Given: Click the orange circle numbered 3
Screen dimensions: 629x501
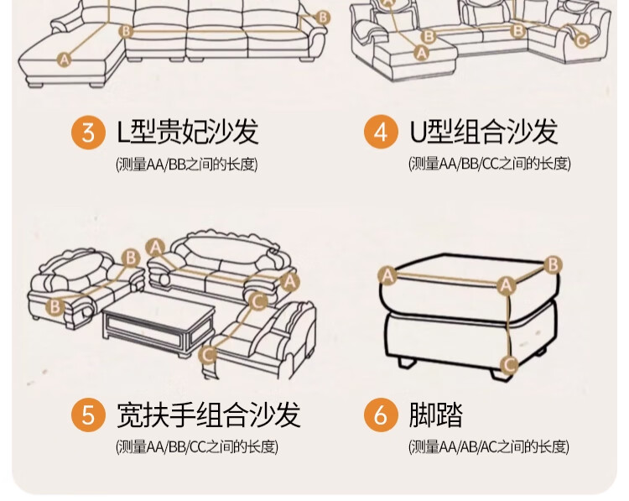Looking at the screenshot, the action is tap(89, 132).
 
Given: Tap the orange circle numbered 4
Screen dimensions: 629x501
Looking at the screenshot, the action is tap(381, 132).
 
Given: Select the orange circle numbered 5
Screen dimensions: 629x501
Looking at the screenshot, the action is tap(89, 415).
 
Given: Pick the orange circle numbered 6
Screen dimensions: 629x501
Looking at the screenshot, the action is tap(381, 415).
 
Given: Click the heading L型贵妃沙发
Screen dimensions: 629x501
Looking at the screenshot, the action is tap(188, 132).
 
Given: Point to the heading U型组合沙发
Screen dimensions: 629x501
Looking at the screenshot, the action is tap(483, 132).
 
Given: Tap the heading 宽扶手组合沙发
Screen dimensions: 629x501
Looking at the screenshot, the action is tap(209, 415).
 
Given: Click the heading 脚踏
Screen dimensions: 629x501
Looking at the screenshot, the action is tap(436, 415).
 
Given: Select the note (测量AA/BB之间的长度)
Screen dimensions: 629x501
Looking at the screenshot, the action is tap(186, 164).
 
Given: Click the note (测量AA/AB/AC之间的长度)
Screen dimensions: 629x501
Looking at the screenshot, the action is tap(489, 446).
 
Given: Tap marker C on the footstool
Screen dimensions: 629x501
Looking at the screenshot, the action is tap(509, 365).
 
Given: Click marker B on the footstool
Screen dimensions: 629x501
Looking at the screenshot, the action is tap(554, 265).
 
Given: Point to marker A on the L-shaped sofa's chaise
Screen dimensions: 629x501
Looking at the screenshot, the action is tap(64, 60).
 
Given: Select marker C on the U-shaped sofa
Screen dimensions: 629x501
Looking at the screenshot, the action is tap(581, 40).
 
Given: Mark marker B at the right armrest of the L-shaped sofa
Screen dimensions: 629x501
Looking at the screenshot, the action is tap(323, 18).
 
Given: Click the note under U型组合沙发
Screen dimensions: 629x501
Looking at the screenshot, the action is tap(490, 164).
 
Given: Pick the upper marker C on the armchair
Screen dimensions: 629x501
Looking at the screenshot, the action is tap(258, 301).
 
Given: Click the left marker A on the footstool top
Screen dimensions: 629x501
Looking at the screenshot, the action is tap(387, 276).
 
